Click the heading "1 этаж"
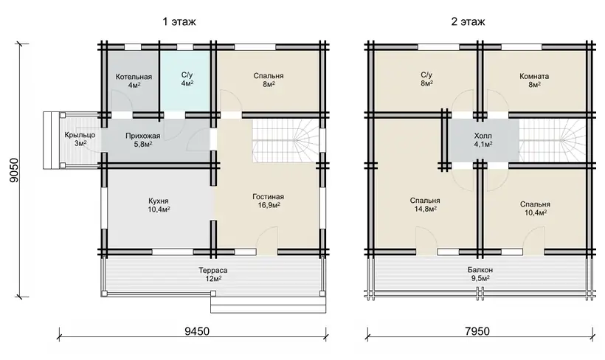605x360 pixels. coord(179,21)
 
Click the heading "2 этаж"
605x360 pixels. coord(468,21)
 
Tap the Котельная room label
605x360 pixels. coord(134,80)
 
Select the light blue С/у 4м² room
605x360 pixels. coord(184,80)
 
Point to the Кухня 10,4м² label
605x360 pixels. coord(159,205)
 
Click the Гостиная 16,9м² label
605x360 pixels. coord(269,201)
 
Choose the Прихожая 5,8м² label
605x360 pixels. coord(142,139)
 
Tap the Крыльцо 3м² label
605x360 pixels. coord(80,139)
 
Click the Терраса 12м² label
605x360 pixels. coord(213,274)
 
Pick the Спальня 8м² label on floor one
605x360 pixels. coord(269,80)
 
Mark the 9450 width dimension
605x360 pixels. coord(197,331)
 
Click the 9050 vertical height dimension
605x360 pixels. coord(14,170)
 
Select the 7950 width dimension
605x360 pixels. coord(477,331)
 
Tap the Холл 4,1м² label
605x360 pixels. coord(483,139)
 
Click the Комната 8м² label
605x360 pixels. coord(534,80)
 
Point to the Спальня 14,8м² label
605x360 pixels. coord(425,204)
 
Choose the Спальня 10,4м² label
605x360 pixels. coord(535,208)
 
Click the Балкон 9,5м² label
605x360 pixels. coord(480,274)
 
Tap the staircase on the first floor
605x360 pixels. coord(286,141)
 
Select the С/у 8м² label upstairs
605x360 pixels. coord(426,79)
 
